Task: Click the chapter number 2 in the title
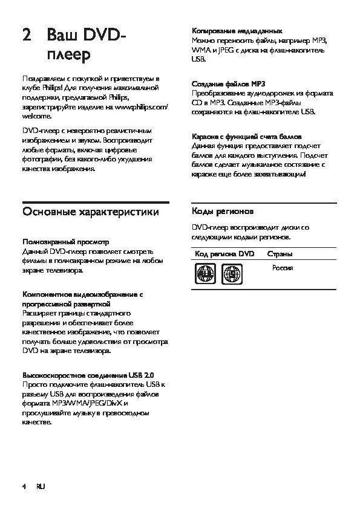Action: click(x=26, y=36)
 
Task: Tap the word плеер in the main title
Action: click(x=68, y=56)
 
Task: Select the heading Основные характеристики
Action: click(x=91, y=212)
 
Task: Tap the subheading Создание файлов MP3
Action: click(x=228, y=83)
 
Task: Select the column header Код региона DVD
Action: click(x=225, y=254)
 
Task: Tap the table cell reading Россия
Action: click(x=283, y=267)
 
